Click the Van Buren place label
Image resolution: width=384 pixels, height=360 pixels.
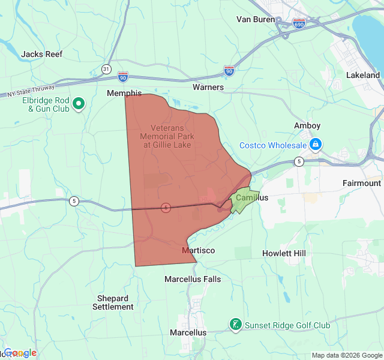255,19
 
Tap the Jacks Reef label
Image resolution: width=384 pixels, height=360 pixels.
42,54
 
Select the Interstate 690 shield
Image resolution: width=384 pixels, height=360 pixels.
299,23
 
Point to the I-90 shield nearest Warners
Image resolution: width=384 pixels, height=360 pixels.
229,71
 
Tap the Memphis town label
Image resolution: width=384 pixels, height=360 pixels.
124,94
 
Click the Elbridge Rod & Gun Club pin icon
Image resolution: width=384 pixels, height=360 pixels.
79,105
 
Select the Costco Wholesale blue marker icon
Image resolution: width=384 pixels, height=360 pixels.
315,145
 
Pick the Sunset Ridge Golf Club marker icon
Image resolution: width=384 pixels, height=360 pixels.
236,325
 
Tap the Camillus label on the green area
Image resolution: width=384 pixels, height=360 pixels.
251,197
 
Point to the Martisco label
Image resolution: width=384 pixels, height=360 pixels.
198,250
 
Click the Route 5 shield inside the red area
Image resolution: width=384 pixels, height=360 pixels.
166,208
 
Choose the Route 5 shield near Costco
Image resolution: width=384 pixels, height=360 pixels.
298,161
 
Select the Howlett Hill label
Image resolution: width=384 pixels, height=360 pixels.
284,253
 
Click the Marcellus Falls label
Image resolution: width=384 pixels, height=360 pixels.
193,279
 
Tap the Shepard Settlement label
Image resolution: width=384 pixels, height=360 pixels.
113,302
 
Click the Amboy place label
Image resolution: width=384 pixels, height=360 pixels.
307,125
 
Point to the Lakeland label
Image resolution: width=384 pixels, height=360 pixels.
363,76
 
